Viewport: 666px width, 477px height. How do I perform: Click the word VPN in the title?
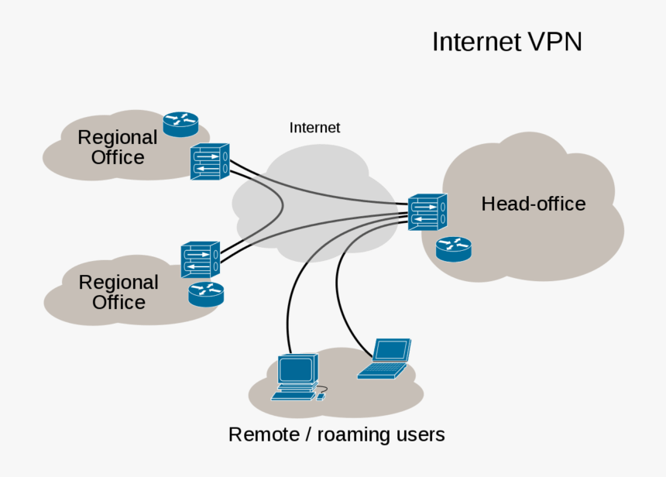pos(554,42)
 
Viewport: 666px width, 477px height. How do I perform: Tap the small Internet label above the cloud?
pos(314,128)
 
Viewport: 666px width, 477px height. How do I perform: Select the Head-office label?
pos(533,204)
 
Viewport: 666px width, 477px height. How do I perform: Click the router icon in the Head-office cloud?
pos(453,249)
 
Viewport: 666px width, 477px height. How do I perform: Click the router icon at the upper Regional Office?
pos(180,122)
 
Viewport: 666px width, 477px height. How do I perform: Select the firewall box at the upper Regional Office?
pos(209,162)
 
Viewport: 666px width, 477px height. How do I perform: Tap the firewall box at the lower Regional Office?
pos(200,260)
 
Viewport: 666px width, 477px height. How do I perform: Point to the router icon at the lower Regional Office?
pos(205,293)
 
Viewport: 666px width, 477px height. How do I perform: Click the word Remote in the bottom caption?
pos(263,434)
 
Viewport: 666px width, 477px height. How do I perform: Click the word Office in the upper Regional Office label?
pos(118,158)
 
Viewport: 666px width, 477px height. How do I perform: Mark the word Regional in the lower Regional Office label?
pos(118,283)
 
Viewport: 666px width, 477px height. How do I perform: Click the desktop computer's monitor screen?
pos(297,370)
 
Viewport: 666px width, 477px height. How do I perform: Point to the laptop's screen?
pos(390,351)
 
